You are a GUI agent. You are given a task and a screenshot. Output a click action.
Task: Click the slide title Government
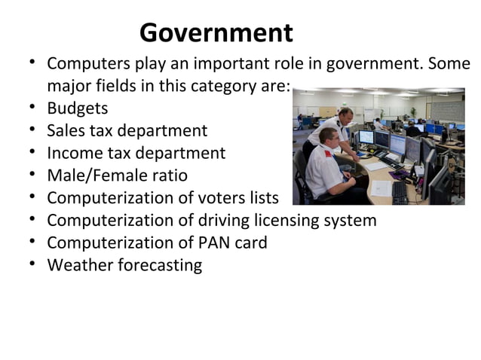216,33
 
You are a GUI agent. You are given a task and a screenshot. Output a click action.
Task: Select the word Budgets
78,108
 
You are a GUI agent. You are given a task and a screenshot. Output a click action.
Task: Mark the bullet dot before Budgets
33,108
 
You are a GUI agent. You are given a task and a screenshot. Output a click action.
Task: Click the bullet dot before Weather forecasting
33,265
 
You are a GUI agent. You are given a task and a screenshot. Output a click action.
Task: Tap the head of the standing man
345,116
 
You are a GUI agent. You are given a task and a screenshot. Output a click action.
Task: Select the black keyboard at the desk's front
399,190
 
